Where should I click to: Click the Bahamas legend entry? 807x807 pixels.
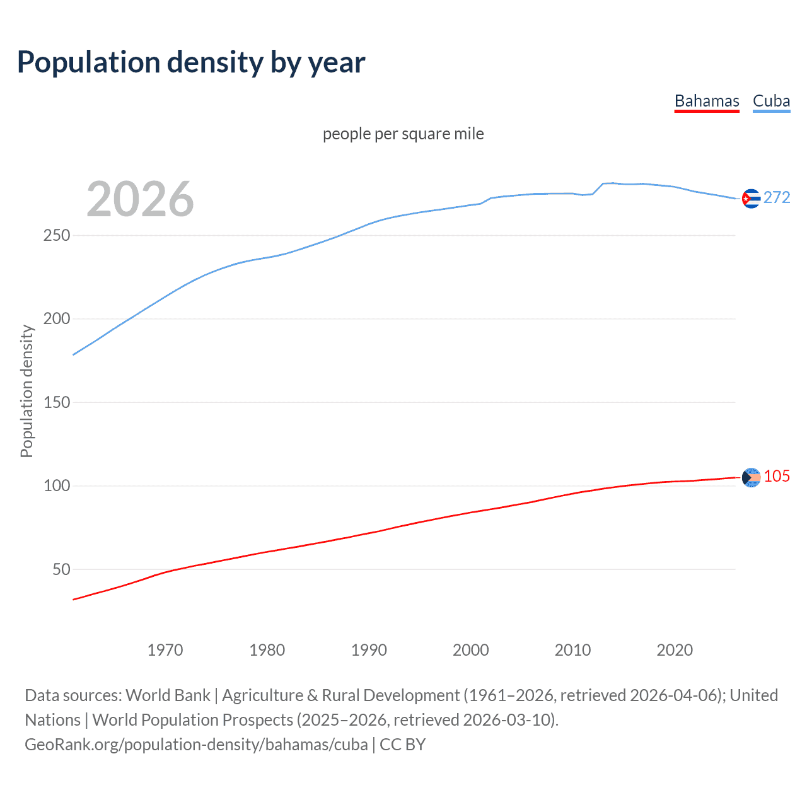[706, 102]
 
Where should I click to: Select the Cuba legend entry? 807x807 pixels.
[771, 102]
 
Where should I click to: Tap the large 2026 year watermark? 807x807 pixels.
[140, 199]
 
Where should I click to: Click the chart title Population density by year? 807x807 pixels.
[191, 62]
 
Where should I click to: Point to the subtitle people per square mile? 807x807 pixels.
[403, 134]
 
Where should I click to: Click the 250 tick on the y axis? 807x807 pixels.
[57, 236]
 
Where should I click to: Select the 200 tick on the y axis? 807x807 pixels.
[57, 319]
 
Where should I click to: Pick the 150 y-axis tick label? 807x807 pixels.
[57, 402]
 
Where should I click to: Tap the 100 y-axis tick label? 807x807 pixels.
[57, 486]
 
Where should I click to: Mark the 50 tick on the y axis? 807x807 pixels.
[61, 569]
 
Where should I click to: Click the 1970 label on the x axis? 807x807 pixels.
[165, 650]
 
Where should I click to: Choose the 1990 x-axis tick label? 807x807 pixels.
[369, 650]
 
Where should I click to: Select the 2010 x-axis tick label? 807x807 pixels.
[572, 650]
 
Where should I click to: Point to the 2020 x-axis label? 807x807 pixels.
[675, 650]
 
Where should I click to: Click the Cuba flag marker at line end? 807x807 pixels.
[751, 199]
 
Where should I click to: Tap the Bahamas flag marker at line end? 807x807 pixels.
[751, 478]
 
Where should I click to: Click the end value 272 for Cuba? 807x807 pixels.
[777, 198]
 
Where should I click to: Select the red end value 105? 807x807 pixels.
[777, 477]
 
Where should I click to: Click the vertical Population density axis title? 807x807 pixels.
[26, 391]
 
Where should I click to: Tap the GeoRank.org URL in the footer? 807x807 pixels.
[196, 745]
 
